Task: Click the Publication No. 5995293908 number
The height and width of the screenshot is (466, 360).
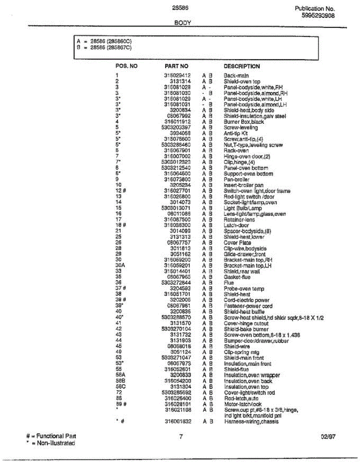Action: click(x=318, y=16)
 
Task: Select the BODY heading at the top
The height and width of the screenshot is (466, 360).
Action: click(x=182, y=23)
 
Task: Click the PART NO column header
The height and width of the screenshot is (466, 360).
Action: click(x=176, y=66)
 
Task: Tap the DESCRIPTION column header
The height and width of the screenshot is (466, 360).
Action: click(x=242, y=66)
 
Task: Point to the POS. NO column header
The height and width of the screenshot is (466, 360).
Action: click(x=127, y=66)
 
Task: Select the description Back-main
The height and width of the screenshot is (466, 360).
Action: click(x=236, y=76)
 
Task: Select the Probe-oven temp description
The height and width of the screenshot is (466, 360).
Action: click(x=244, y=289)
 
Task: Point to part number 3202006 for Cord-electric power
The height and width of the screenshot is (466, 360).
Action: click(x=180, y=300)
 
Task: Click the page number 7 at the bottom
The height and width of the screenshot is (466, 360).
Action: click(x=181, y=436)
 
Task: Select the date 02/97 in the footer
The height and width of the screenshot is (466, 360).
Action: click(x=328, y=436)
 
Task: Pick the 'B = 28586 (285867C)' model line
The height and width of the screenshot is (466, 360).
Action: click(x=104, y=48)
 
